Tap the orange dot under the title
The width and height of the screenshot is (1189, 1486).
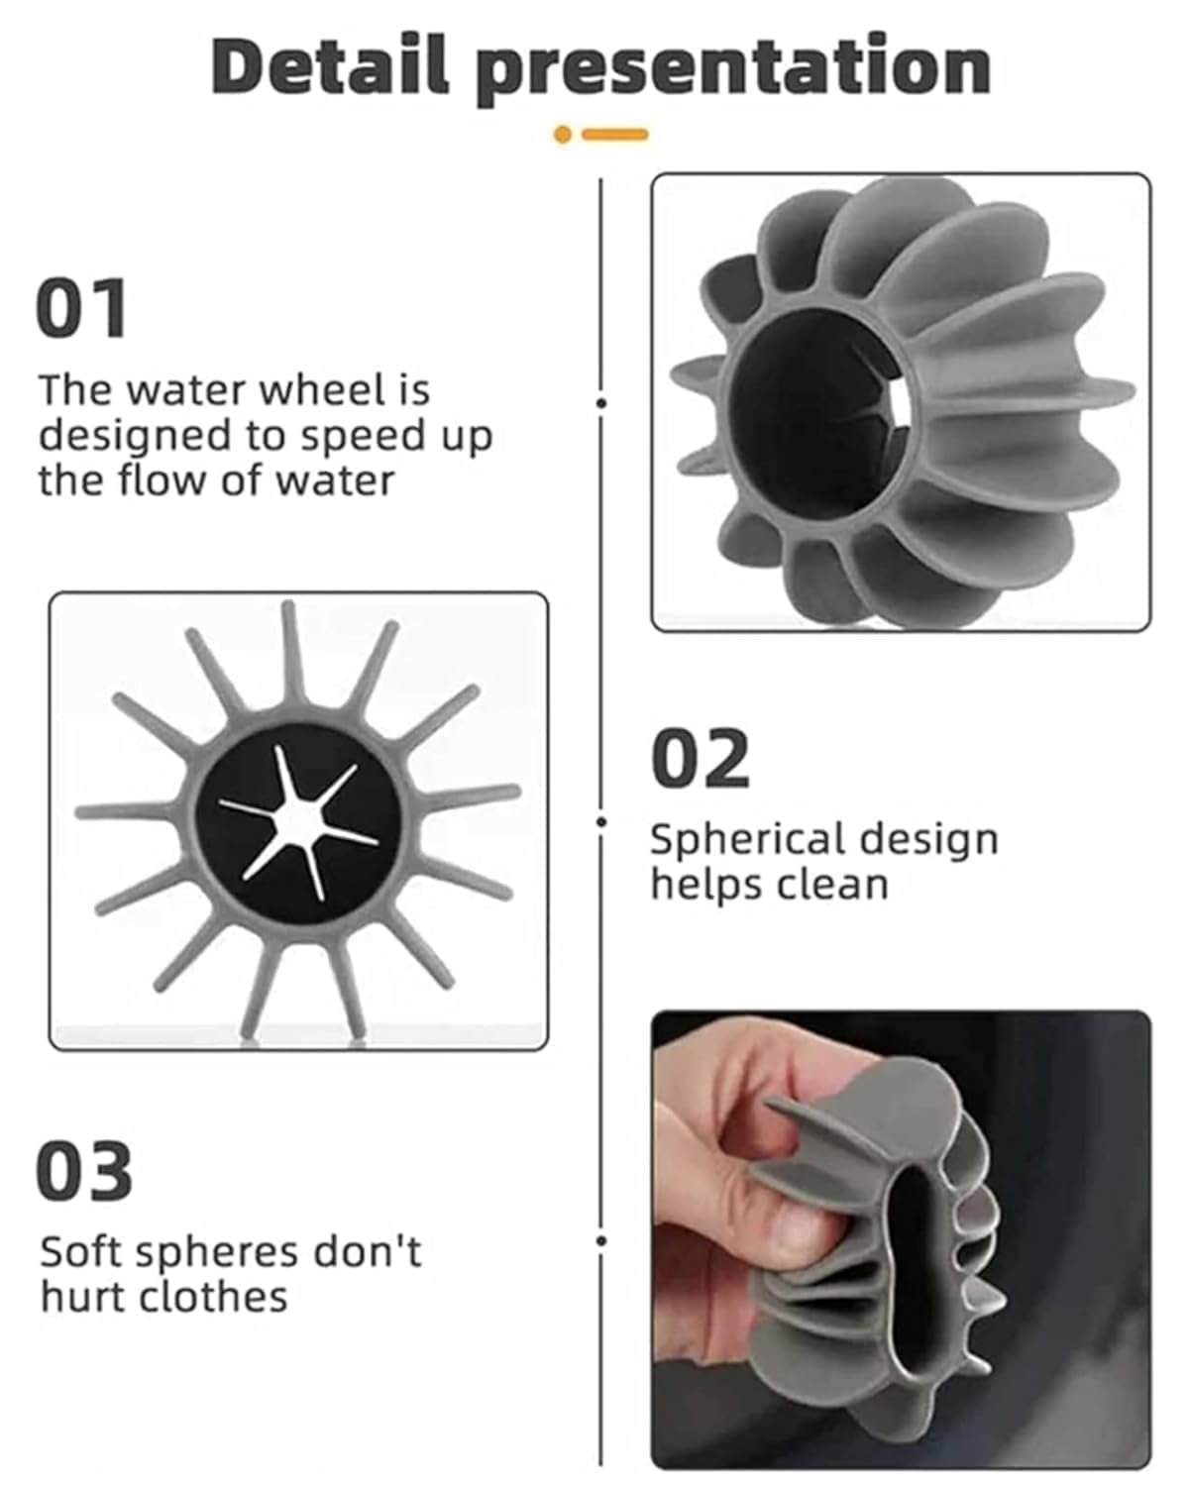[563, 134]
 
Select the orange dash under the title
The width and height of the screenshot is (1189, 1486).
[615, 134]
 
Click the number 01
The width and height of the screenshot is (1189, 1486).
[81, 308]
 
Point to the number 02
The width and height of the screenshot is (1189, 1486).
[700, 758]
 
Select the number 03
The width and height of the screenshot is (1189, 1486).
[83, 1170]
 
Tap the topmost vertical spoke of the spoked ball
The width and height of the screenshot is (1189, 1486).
[291, 655]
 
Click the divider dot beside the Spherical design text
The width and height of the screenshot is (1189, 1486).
[601, 821]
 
